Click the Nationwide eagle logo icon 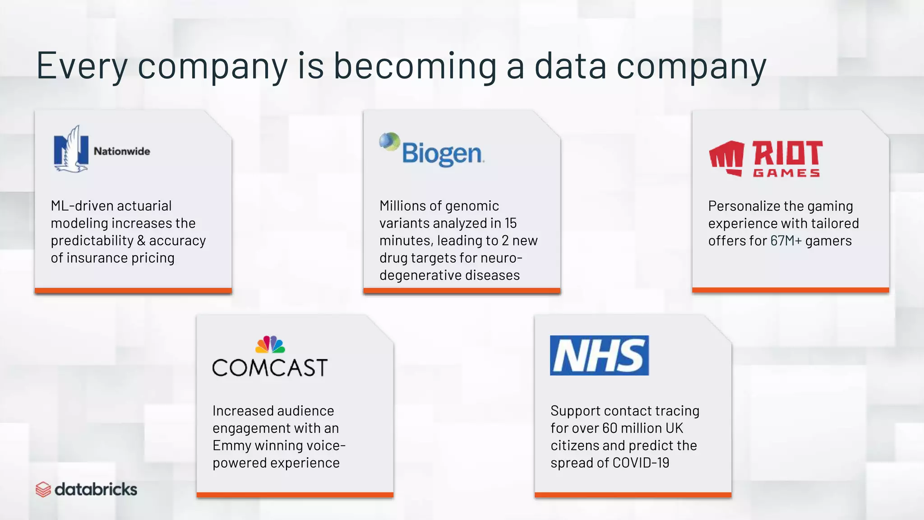(x=71, y=149)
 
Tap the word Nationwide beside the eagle (x=122, y=151)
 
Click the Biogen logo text (x=443, y=153)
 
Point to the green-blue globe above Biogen (x=389, y=141)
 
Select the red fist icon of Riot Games (x=726, y=158)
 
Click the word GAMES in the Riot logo (x=786, y=173)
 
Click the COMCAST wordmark (x=270, y=367)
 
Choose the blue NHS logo (x=599, y=355)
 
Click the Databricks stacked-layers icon (x=43, y=489)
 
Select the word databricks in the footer (x=96, y=489)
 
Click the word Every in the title (x=82, y=66)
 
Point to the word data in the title (x=570, y=66)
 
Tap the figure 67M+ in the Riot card (x=786, y=241)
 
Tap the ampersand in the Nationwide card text (x=141, y=241)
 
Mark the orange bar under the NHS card (x=633, y=495)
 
